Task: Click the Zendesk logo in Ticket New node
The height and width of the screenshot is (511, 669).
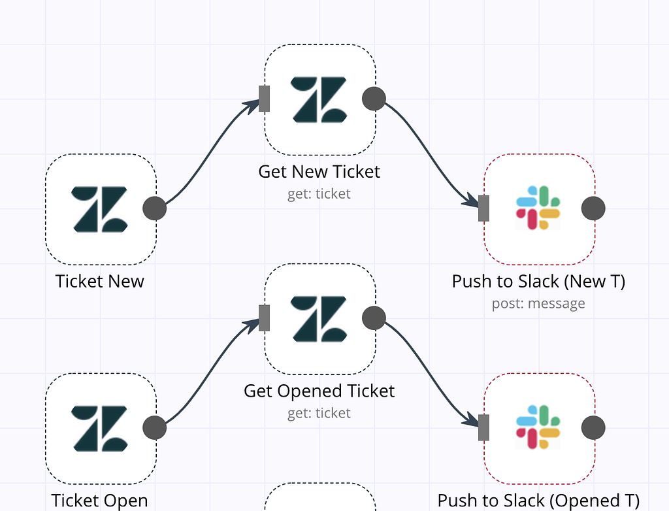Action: (100, 209)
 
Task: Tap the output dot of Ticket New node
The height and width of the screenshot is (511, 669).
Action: (155, 209)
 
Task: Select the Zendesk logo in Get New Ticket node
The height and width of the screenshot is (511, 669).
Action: (319, 99)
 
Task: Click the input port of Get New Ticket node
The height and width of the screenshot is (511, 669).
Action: (264, 99)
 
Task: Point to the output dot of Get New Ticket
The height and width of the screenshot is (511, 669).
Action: (374, 99)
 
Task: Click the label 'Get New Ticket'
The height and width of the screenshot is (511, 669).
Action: (319, 172)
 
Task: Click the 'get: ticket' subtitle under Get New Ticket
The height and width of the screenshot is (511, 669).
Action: (319, 194)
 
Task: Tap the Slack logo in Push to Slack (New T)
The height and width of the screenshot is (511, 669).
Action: (538, 208)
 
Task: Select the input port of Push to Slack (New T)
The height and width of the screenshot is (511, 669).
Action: (483, 208)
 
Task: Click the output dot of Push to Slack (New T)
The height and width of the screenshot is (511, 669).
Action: (593, 208)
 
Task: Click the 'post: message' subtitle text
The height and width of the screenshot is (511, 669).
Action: (538, 303)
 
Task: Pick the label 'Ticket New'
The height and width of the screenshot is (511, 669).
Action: (100, 281)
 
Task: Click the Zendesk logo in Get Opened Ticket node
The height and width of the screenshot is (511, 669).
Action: (319, 319)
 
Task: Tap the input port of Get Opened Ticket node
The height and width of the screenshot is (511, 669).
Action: (264, 318)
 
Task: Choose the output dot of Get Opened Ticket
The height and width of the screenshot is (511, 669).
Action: (374, 318)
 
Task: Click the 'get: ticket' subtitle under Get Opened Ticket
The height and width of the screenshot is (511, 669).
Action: (319, 413)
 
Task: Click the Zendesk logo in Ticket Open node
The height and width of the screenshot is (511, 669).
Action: (100, 429)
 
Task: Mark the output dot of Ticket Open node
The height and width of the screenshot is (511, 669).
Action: (155, 429)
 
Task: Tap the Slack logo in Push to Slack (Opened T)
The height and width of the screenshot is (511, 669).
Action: (538, 428)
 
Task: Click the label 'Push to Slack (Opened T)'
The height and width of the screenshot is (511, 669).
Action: (538, 501)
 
